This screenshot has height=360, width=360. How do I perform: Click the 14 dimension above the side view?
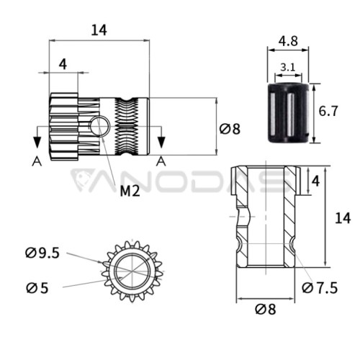point(99,30)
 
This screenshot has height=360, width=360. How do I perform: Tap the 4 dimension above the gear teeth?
point(63,64)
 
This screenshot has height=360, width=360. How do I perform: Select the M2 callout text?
point(130,192)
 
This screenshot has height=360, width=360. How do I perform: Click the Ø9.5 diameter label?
point(42,253)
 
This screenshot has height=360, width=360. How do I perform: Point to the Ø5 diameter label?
point(37,288)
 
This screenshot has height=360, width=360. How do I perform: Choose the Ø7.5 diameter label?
point(320,288)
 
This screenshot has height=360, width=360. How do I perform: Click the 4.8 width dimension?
point(288,41)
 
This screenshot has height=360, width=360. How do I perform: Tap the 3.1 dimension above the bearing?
point(288,68)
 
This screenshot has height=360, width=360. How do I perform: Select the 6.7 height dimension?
point(328,111)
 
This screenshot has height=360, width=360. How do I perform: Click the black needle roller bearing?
point(288,113)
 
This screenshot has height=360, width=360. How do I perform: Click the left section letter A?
point(37,161)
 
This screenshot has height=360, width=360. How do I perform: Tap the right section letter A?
point(161,161)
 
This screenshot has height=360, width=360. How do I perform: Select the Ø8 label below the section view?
point(266,309)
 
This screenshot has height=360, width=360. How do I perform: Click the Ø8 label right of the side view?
point(230,129)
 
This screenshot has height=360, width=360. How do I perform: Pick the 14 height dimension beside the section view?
point(343,218)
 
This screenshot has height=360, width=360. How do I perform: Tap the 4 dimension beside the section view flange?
point(315,181)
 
